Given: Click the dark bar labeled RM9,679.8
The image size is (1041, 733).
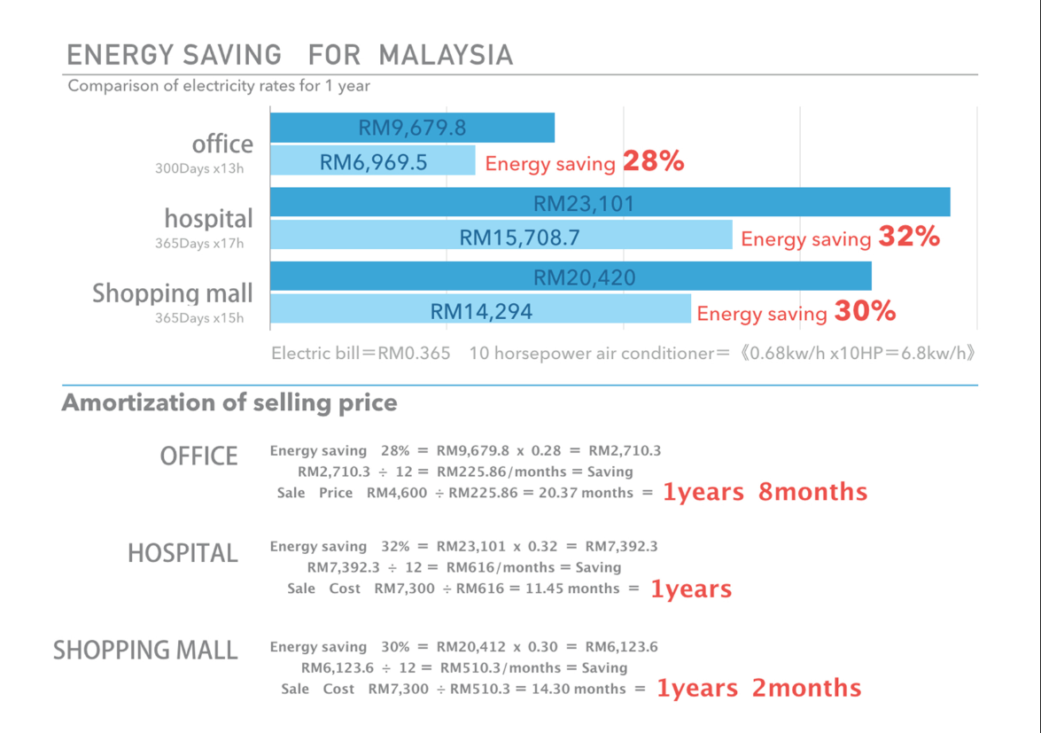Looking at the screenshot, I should coord(412,128).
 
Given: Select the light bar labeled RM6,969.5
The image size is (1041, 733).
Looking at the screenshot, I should coord(373,161).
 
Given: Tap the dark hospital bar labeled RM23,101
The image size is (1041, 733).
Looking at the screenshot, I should coord(610,203).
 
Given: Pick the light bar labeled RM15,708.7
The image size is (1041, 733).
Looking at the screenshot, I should coord(501,236).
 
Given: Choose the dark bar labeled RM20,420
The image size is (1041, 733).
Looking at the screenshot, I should coord(571,277).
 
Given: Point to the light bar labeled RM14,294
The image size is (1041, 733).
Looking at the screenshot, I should coord(480,310).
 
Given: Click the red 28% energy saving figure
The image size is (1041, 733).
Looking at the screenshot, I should coord(653,161).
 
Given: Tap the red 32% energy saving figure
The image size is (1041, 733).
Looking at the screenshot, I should coord(909,237).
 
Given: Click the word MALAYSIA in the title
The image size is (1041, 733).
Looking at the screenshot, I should coord(446,55).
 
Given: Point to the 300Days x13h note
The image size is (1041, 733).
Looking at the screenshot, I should coord(199,168).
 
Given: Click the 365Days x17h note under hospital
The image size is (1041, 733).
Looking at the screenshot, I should coord(199,244).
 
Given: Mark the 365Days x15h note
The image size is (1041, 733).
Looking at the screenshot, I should coord(199,318).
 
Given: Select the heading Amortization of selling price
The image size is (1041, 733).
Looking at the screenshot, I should coord(229,403).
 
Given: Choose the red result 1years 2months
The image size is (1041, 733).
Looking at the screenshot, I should coord(758,689).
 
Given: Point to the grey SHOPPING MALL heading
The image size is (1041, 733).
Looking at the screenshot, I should coord(145,651).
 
